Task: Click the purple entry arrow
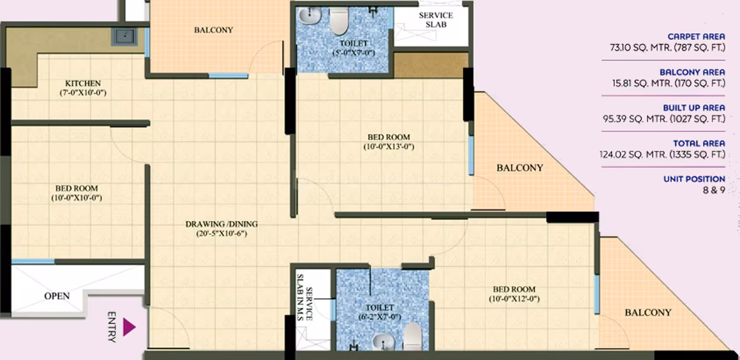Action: (x=129, y=327)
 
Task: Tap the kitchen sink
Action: (x=124, y=37)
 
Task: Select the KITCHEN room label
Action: (x=83, y=84)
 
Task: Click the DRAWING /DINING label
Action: (x=221, y=224)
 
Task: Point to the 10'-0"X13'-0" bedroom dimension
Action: (x=389, y=146)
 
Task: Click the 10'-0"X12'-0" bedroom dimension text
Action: (x=514, y=299)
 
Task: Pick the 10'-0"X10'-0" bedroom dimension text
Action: (x=77, y=198)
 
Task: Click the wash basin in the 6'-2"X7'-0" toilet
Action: (x=383, y=341)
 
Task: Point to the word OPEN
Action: (x=57, y=296)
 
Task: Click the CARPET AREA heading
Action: (x=696, y=37)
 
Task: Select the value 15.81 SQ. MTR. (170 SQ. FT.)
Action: (x=667, y=84)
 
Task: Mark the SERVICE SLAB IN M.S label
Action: (x=305, y=296)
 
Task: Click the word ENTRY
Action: (x=112, y=326)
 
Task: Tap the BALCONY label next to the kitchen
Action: (x=213, y=30)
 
